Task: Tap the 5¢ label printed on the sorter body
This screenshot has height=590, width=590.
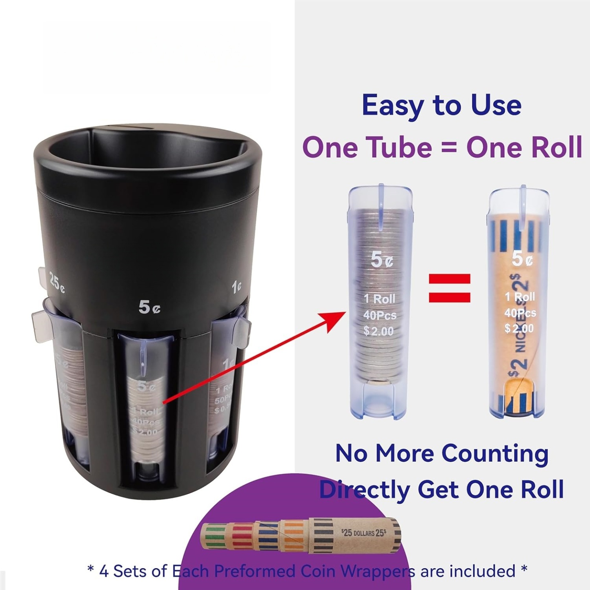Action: (149, 307)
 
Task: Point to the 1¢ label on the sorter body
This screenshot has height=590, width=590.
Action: (236, 287)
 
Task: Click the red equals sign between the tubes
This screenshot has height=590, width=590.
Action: (450, 288)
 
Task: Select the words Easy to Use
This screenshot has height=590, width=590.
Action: (441, 105)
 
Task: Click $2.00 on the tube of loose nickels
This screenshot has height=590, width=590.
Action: (378, 331)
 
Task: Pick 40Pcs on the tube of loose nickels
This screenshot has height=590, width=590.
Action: (380, 315)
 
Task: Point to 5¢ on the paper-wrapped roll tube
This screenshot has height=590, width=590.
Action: (522, 259)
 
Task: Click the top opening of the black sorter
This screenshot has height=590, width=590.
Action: (147, 151)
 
